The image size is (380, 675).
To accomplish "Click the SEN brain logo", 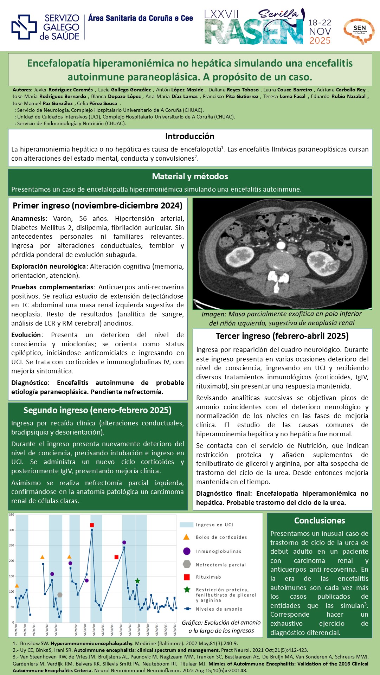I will pos(359,31).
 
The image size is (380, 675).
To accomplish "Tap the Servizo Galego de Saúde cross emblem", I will pos(24,27).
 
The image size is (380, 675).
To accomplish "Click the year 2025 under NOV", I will pos(320,40).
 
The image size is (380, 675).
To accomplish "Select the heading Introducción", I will pos(190,136).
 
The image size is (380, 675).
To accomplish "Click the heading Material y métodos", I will pos(190,176).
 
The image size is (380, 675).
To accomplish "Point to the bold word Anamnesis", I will pos(28,219).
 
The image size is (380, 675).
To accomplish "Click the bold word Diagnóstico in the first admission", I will pos(29,383).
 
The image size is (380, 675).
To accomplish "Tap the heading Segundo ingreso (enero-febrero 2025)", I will pos(97,410).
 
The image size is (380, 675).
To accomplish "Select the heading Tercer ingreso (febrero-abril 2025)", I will pos(282,336).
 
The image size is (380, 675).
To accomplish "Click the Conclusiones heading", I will pos(320,521).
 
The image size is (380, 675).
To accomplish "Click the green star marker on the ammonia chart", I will pos(137,581).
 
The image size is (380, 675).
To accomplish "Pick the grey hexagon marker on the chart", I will pos(60,595).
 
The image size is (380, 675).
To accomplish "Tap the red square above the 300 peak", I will pos(92,525).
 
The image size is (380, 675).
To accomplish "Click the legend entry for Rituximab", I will pos(208,577).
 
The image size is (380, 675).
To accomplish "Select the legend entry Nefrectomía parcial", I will pos(221,565).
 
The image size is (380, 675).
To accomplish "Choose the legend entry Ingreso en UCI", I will pos(214,525).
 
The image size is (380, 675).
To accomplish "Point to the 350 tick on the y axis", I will pos(12,515).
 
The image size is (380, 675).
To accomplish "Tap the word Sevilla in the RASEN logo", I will pos(278,14).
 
